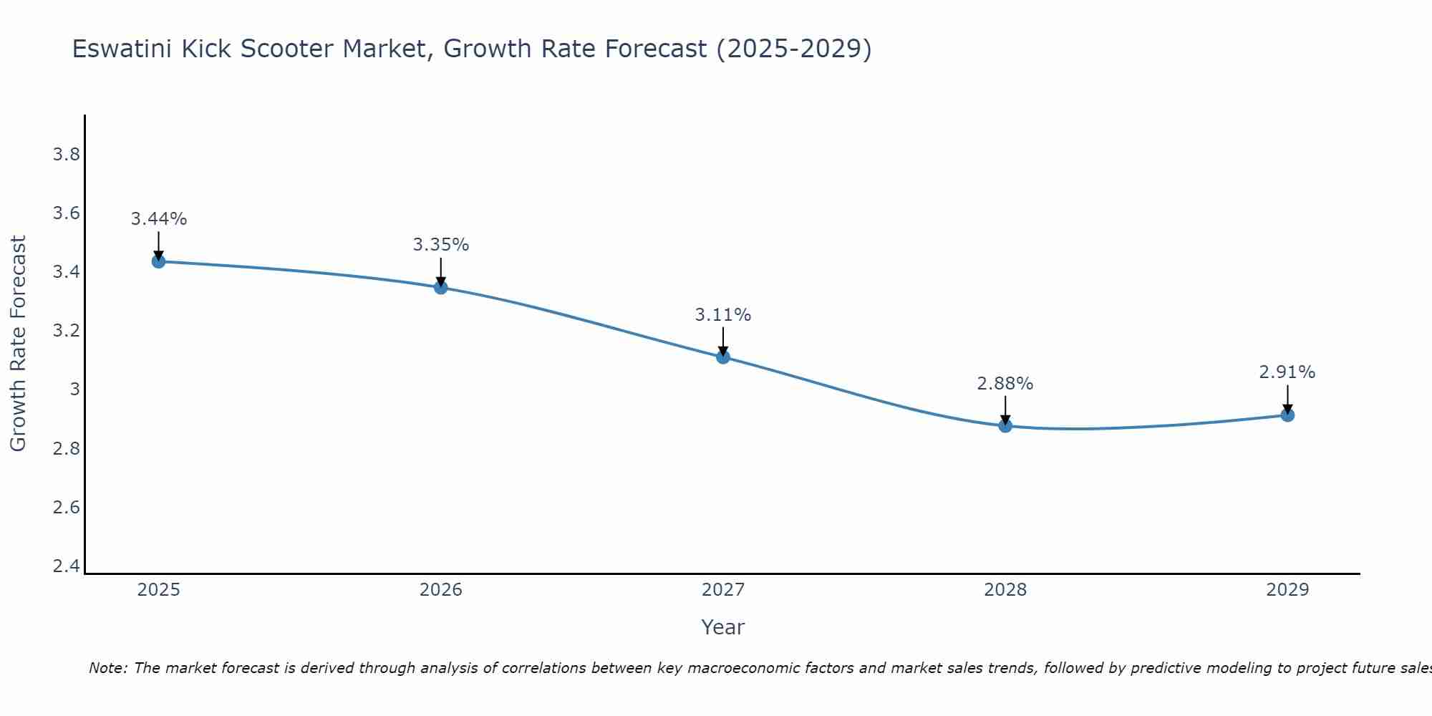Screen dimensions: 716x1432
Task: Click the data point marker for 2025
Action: coord(159,261)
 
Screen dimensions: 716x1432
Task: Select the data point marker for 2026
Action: coord(441,287)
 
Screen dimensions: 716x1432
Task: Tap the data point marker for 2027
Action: coord(723,357)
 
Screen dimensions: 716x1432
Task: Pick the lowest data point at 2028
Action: coord(1005,425)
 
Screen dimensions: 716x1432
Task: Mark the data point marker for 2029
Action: coord(1287,415)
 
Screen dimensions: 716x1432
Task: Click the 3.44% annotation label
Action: coord(159,219)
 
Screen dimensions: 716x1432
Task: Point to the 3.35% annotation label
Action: coord(441,245)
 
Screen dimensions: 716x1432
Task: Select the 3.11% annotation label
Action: coord(723,315)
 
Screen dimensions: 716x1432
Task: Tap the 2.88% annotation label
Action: coord(1005,384)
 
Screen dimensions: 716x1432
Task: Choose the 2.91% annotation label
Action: coord(1287,372)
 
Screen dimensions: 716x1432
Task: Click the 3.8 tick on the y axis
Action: coord(67,155)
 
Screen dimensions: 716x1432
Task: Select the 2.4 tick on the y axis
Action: coord(67,566)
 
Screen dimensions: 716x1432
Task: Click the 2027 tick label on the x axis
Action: coord(723,590)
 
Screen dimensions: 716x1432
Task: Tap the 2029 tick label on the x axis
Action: coord(1287,590)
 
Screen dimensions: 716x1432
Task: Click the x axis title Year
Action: coord(723,627)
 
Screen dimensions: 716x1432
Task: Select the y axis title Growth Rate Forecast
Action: coord(18,344)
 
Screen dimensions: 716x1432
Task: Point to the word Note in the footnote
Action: coord(107,668)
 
